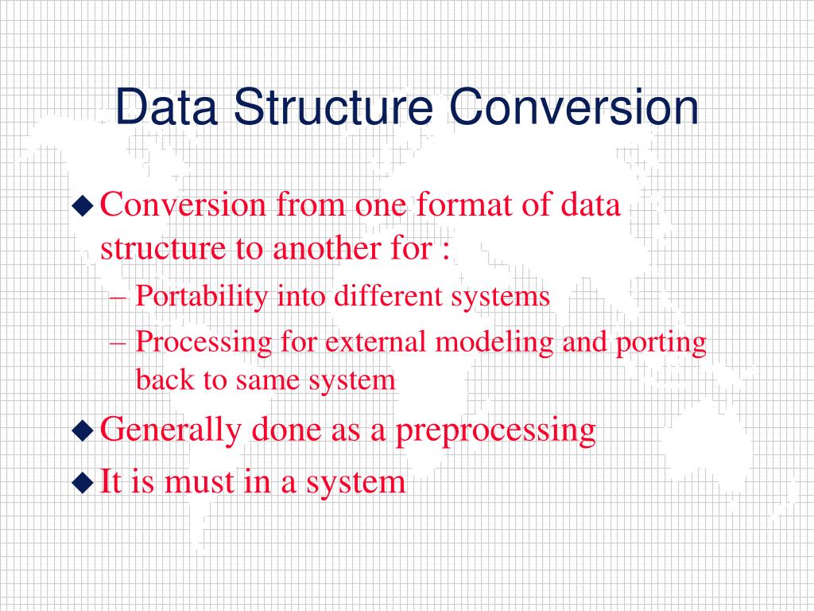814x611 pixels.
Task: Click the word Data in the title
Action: [x=166, y=107]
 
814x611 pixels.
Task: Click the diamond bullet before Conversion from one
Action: [x=83, y=206]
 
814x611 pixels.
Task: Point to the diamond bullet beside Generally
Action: [x=83, y=430]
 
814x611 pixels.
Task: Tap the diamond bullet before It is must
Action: [x=83, y=482]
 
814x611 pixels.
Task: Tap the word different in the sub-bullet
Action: [x=388, y=296]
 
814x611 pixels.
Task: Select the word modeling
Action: [x=494, y=343]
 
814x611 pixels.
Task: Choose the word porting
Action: [x=661, y=344]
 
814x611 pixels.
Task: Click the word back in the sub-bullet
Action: [x=165, y=379]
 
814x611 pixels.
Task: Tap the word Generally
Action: [x=171, y=430]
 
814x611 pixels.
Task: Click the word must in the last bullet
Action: [x=200, y=482]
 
